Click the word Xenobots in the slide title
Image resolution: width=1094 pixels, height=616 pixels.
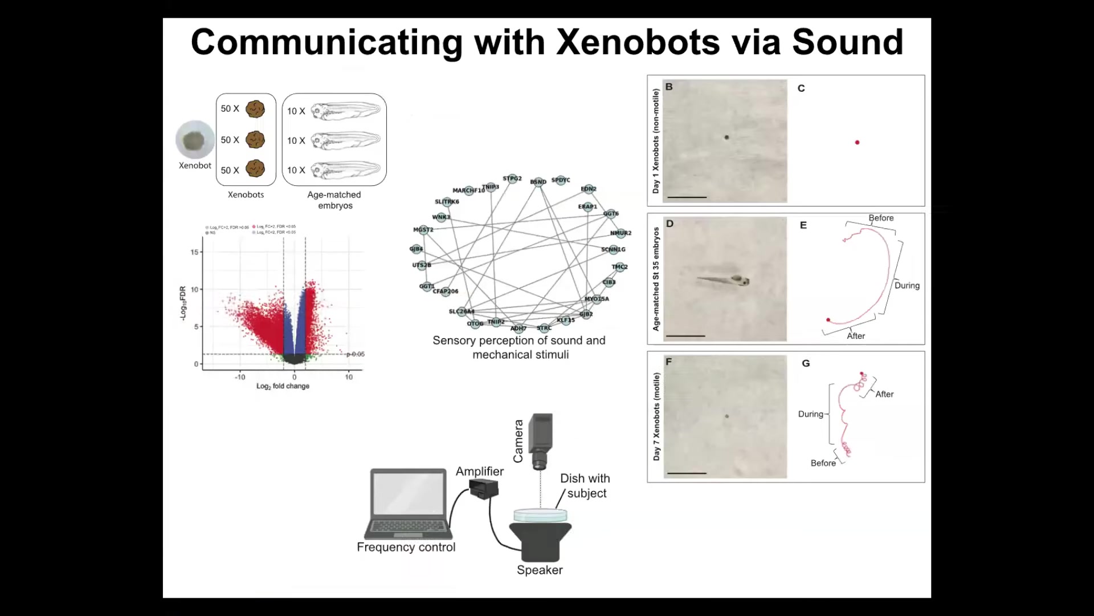click(638, 42)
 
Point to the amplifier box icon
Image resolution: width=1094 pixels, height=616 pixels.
click(484, 489)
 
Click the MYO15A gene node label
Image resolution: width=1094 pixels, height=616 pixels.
click(597, 299)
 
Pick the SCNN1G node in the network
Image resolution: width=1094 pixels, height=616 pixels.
click(613, 249)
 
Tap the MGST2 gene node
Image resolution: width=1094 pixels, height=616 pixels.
click(423, 230)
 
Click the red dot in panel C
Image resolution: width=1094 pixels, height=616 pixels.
click(857, 143)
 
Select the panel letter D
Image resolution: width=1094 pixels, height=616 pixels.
click(670, 224)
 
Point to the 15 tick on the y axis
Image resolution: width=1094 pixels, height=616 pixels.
click(195, 252)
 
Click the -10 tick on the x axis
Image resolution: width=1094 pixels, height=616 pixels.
click(240, 377)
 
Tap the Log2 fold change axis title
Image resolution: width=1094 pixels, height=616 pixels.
click(283, 386)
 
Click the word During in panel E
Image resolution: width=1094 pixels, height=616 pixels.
click(907, 286)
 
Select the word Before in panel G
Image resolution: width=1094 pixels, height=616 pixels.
click(823, 463)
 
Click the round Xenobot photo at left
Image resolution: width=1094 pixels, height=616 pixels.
click(195, 140)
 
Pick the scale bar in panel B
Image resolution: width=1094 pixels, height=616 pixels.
click(687, 197)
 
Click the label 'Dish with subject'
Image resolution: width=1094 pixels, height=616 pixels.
click(585, 486)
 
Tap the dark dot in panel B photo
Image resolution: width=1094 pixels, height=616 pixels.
click(726, 137)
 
